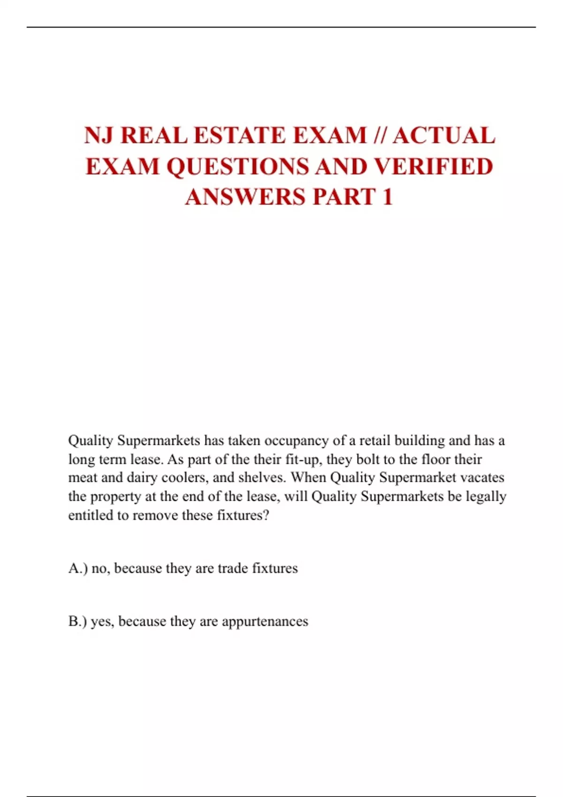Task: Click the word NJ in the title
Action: [x=99, y=136]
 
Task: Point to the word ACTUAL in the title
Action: [x=444, y=136]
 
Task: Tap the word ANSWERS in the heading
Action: [x=245, y=197]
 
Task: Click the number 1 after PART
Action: [x=387, y=197]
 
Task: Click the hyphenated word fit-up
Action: [x=304, y=459]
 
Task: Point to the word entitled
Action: [x=91, y=515]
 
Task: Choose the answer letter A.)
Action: [x=77, y=568]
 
